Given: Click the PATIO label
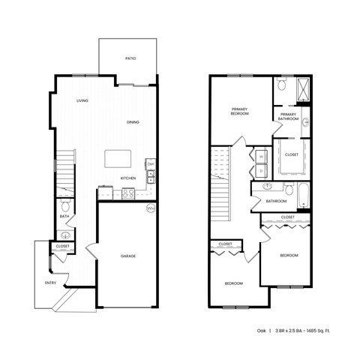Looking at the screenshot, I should pos(130,57).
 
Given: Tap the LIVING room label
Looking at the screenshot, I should pos(82,100).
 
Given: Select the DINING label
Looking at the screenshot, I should pos(133,122).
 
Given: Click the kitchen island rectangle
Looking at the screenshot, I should pos(117,158).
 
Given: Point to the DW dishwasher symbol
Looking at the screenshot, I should pos(151,164).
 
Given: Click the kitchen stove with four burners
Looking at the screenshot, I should pos(127,193).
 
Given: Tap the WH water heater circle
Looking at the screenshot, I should pos(150,208).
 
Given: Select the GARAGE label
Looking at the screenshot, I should pos(128,256).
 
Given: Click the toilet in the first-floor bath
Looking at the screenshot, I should pos(64,206).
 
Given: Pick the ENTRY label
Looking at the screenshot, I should pos(50,283).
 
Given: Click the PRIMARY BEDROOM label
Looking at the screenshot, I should pos(239,112).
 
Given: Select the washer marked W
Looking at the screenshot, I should pos(262,157).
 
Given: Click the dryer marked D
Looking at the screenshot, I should pos(262,170).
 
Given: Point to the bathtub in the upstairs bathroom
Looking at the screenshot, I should pos(303,196).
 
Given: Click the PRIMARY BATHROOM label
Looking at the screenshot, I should pos(289,116).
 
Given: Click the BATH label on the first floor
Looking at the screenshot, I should pos(64,217).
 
